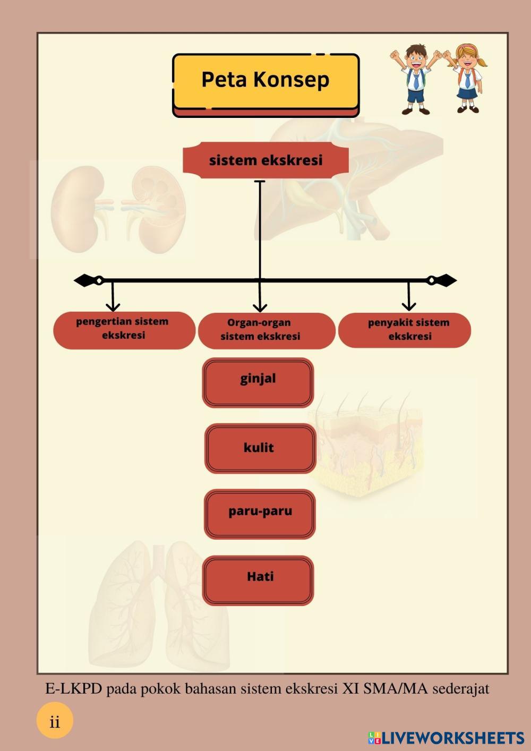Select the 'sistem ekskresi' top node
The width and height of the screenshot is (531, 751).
coord(265,160)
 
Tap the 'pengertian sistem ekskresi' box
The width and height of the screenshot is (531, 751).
coord(124,329)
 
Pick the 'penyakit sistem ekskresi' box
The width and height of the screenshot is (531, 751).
coord(405,330)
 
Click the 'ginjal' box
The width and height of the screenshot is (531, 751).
coord(258,382)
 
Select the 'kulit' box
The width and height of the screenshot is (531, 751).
coord(260,448)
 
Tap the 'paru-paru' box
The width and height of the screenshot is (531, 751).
coord(260,514)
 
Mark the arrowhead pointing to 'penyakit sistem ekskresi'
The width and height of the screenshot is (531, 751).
coord(408,305)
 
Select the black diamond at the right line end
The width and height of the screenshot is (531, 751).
coord(446,280)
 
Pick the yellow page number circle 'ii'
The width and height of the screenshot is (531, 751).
coord(55,722)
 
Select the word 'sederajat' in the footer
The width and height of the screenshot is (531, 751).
coord(460,689)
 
